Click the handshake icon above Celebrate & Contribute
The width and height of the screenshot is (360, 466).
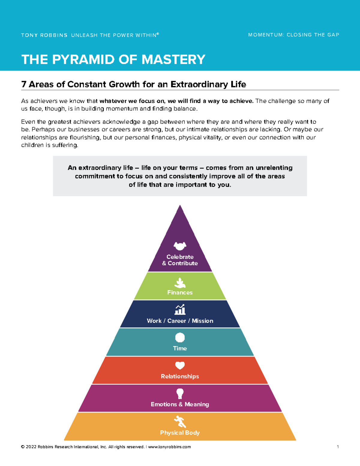[x=180, y=246]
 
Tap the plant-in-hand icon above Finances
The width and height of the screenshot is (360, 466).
[x=180, y=283]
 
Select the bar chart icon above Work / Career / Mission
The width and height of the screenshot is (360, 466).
[x=180, y=309]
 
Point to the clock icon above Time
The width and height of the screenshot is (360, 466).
[x=180, y=338]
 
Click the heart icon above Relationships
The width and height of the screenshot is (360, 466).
[x=180, y=365]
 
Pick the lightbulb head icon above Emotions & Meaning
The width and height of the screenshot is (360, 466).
[x=180, y=394]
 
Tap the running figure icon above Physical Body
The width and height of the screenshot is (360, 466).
[x=180, y=422]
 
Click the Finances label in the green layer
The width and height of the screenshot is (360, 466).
[x=180, y=293]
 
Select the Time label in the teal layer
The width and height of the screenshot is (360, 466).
[x=180, y=348]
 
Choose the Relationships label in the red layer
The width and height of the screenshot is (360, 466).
[x=180, y=377]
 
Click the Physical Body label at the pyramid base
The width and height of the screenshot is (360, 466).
[x=180, y=433]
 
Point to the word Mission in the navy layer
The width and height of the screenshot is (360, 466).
[x=202, y=321]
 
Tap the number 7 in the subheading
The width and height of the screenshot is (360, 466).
[x=24, y=84]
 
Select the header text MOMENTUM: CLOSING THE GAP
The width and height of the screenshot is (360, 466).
[x=294, y=35]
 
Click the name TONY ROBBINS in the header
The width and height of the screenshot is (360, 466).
[x=44, y=35]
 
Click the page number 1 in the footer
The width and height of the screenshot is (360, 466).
[x=338, y=447]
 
